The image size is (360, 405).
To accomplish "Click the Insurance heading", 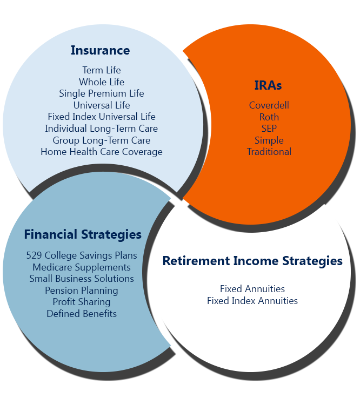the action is pos(101,50).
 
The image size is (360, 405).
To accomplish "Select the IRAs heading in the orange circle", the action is pos(268,85).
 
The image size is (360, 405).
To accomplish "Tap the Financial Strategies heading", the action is pos(83,235).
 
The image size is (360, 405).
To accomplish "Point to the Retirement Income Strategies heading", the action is pos(252,261).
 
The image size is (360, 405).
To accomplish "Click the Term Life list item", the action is pos(102,70).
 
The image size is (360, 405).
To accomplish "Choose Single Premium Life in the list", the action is pos(102,93).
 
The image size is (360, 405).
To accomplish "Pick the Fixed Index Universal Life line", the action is pos(102,117).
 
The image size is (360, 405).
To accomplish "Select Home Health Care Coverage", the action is pos(102,152).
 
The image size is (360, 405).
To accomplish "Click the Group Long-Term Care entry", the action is pos(102,140).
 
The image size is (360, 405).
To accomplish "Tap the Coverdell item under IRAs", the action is pos(269,105).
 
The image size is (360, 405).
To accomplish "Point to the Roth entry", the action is pos(269,117).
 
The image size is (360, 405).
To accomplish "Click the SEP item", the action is pos(269,129).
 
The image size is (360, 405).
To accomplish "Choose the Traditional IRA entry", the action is pos(269,152).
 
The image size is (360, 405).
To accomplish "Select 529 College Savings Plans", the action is pos(82,255).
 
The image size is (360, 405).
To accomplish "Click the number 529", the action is pos(34,255).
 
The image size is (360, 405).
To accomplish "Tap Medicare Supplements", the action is pos(82,267).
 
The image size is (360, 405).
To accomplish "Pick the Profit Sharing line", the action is pos(82,302).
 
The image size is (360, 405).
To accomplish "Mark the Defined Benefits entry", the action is pos(82,314).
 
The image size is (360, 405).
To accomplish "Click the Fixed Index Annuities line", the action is pos(252,301).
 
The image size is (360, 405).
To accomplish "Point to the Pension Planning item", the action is pos(82,291).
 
